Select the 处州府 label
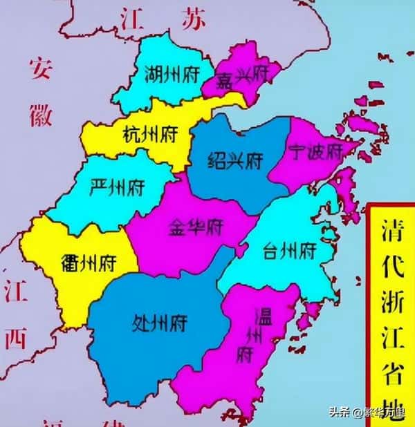point(158,322)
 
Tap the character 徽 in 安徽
point(40,114)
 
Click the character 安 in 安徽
point(40,68)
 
